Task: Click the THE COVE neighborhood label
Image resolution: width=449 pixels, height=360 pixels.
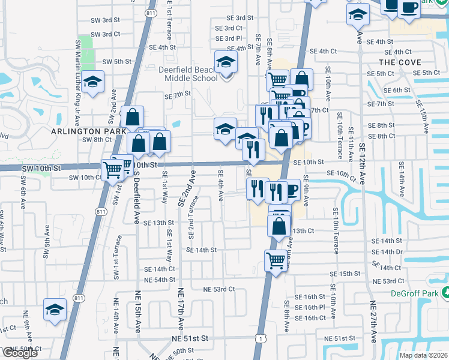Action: tap(400, 62)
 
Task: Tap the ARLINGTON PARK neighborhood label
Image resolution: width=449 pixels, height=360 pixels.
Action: tap(88, 131)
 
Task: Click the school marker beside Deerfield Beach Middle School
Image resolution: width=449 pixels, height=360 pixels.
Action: tap(226, 63)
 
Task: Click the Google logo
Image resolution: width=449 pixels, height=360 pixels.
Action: tap(19, 353)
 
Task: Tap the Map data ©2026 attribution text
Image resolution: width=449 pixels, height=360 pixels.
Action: tap(424, 355)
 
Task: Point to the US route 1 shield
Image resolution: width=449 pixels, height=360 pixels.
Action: tap(260, 338)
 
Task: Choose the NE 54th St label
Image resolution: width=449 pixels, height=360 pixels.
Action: tap(160, 280)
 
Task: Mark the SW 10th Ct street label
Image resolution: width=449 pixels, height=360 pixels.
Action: tap(85, 178)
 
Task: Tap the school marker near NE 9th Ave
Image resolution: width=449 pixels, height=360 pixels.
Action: tap(55, 311)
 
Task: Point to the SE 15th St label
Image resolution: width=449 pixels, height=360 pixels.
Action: tap(345, 274)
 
